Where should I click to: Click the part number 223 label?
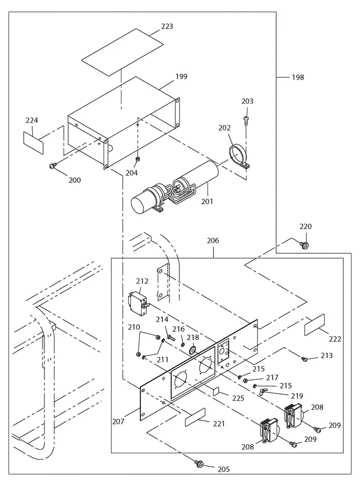pyautogui.click(x=167, y=27)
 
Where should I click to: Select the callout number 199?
pyautogui.click(x=181, y=76)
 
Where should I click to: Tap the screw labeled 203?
pyautogui.click(x=247, y=120)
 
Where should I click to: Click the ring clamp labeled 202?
pyautogui.click(x=239, y=156)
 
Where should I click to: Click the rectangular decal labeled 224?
pyautogui.click(x=33, y=143)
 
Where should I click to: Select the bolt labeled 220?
pyautogui.click(x=305, y=246)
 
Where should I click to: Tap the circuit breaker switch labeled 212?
pyautogui.click(x=138, y=301)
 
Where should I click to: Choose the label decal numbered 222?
pyautogui.click(x=315, y=324)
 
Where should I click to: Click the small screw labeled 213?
pyautogui.click(x=304, y=359)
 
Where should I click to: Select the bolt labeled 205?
pyautogui.click(x=197, y=463)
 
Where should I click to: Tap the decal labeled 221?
pyautogui.click(x=195, y=418)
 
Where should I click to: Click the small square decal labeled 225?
pyautogui.click(x=216, y=391)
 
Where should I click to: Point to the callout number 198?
pyautogui.click(x=297, y=77)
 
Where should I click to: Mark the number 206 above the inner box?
pyautogui.click(x=213, y=240)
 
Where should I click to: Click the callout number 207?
pyautogui.click(x=118, y=422)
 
